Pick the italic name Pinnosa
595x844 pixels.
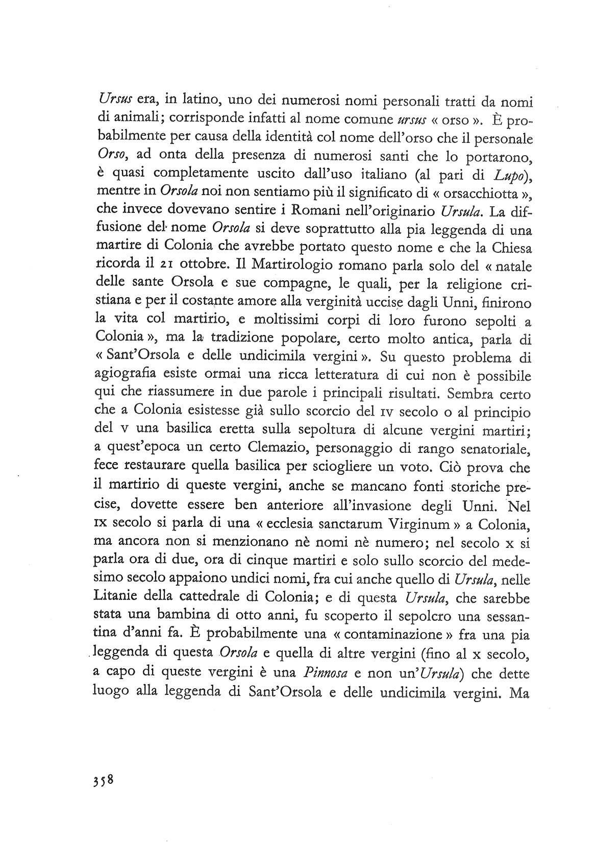coord(325,673)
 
